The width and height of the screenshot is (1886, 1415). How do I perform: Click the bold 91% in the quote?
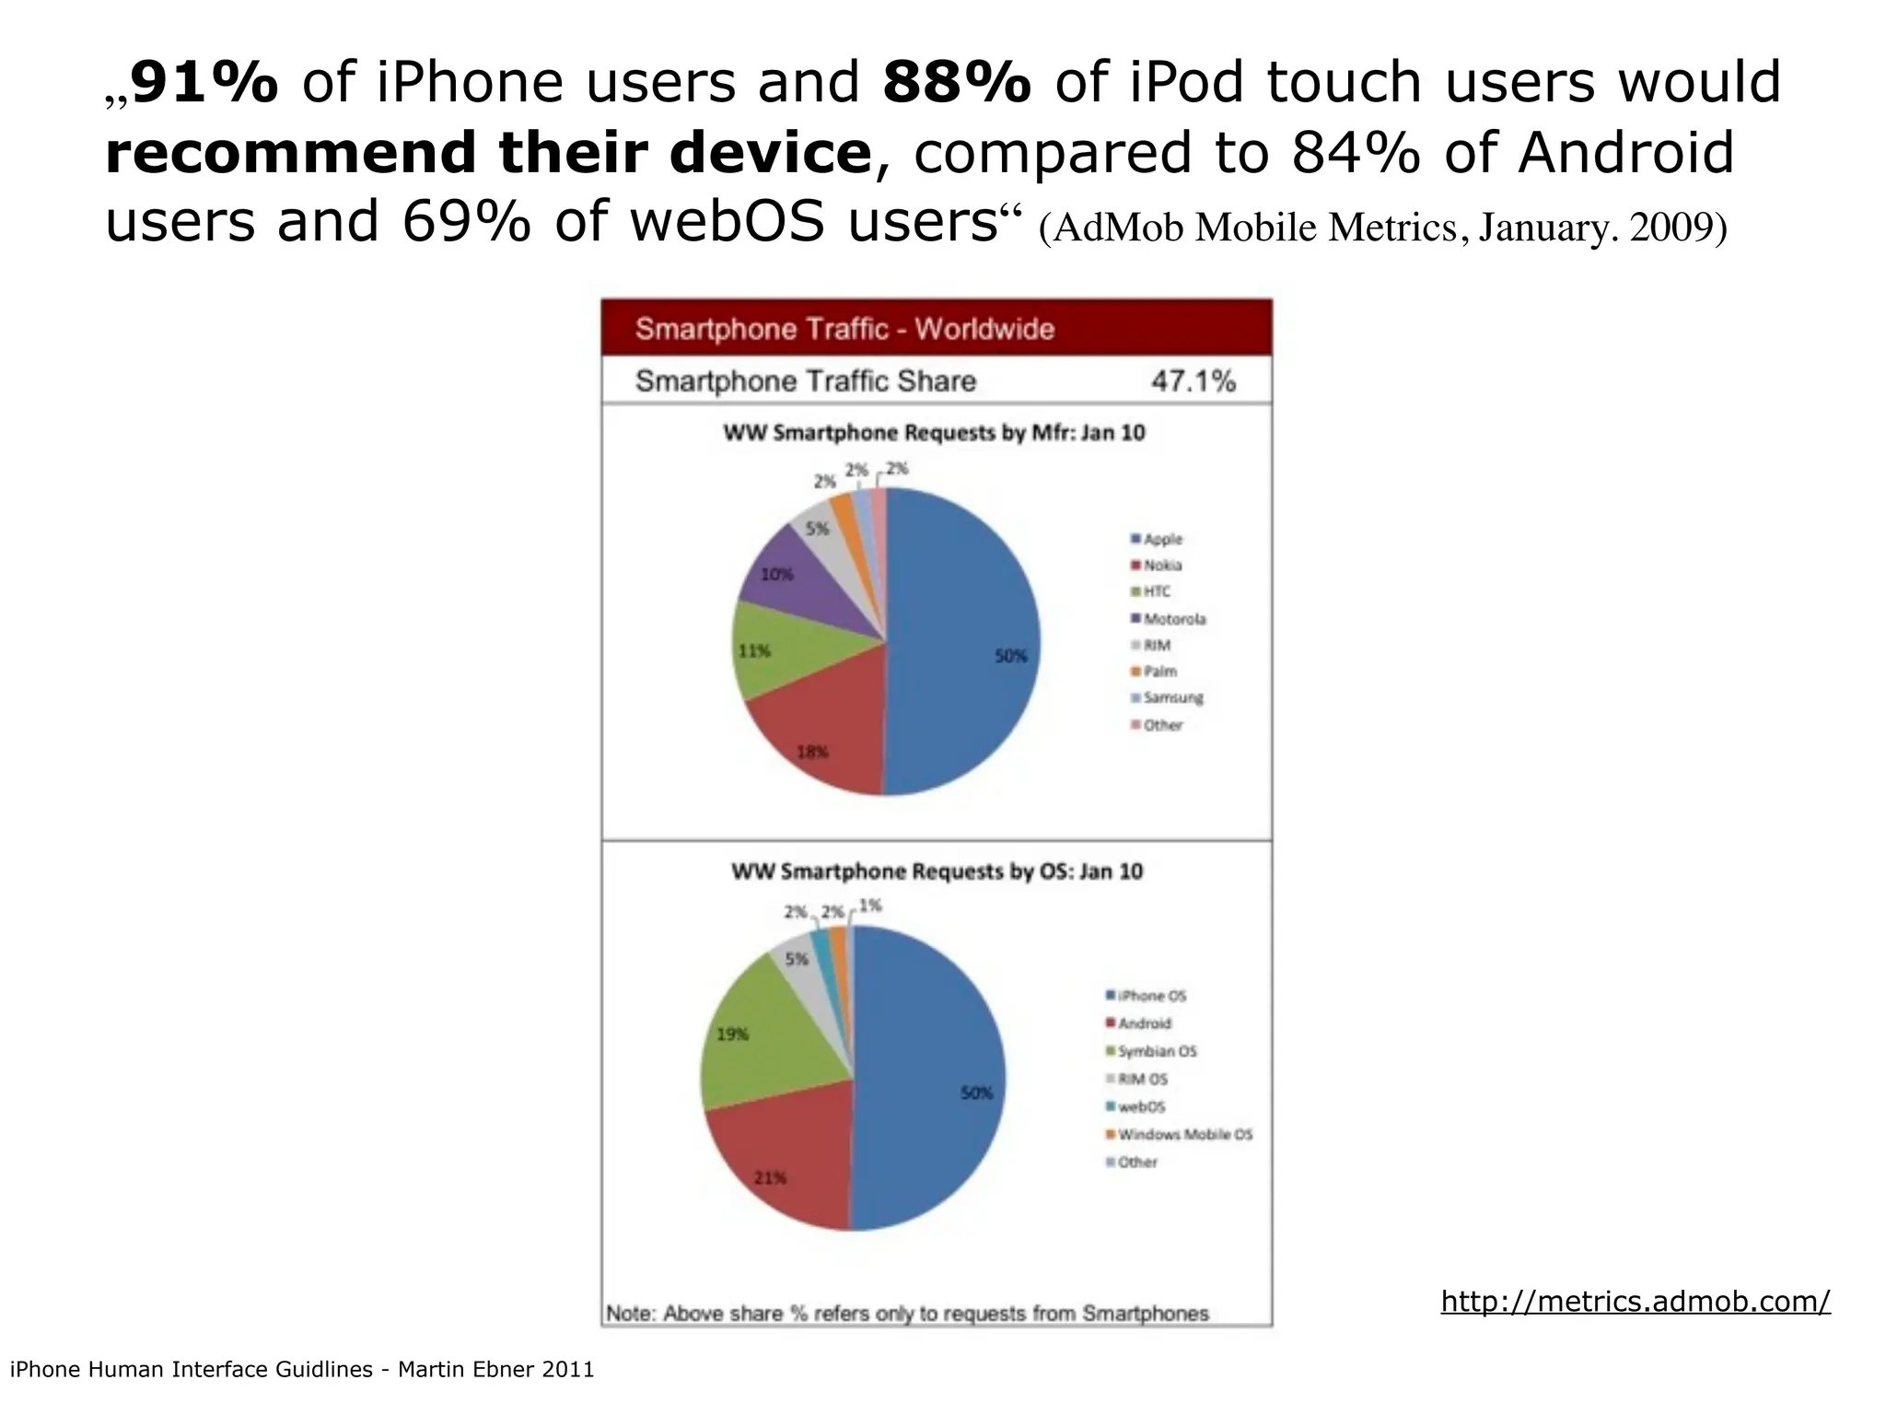coord(204,82)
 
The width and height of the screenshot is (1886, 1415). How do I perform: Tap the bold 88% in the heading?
coord(957,82)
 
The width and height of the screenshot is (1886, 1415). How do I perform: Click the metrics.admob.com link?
coord(1636,1301)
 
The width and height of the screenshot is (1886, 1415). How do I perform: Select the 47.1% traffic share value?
coord(1193,380)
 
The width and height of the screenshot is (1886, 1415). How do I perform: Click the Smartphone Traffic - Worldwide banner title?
coord(844,329)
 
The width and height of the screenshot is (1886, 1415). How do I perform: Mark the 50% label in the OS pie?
coord(976,1093)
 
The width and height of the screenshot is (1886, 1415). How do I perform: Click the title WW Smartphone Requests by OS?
coord(937,871)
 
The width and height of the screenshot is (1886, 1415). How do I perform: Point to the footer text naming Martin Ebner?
coord(301,1370)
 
